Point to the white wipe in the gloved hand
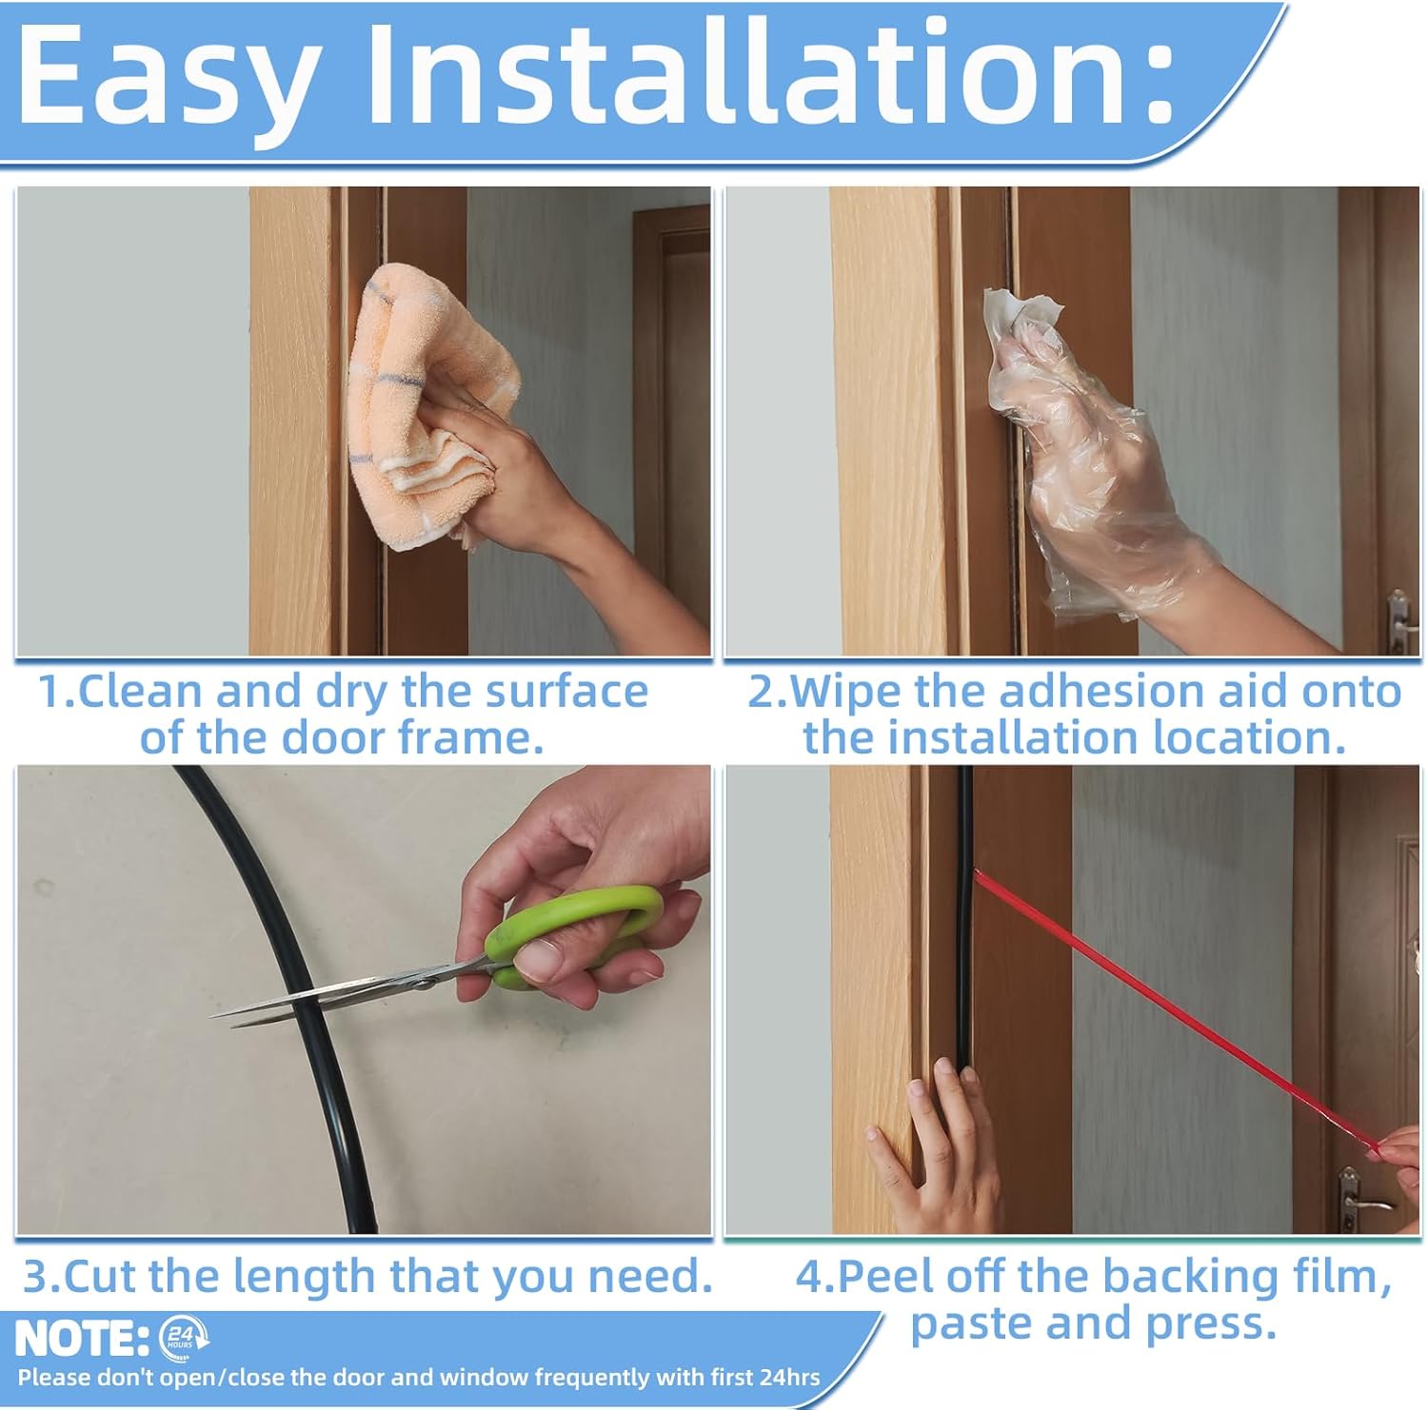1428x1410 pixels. (x=1022, y=323)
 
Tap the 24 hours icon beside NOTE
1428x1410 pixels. (x=182, y=1336)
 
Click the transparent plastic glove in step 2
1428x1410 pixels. (x=1095, y=457)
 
